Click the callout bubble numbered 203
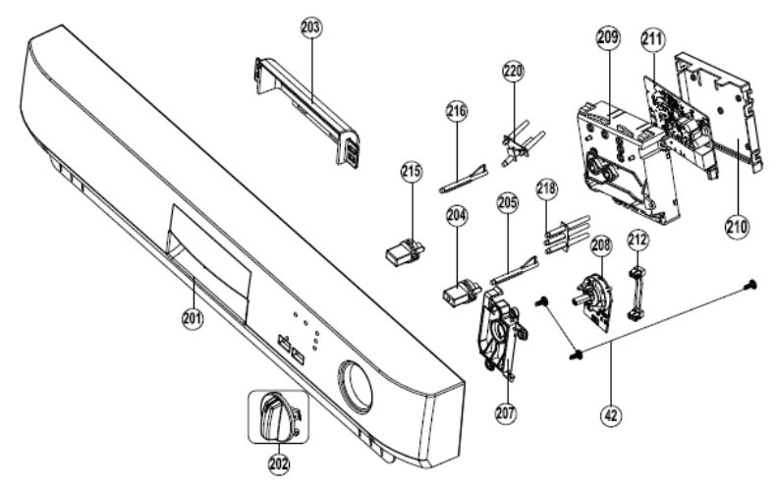coord(311,28)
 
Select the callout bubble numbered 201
coord(193,318)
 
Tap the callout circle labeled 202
coord(279,464)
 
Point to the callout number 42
coord(611,414)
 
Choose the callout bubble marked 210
coord(738,227)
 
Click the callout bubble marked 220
coord(514,72)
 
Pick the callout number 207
coord(506,412)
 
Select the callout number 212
coord(638,240)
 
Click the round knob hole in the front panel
coord(355,386)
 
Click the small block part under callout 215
coord(405,249)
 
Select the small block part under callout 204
coord(461,292)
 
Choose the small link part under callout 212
coord(637,294)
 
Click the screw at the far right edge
coord(750,285)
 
